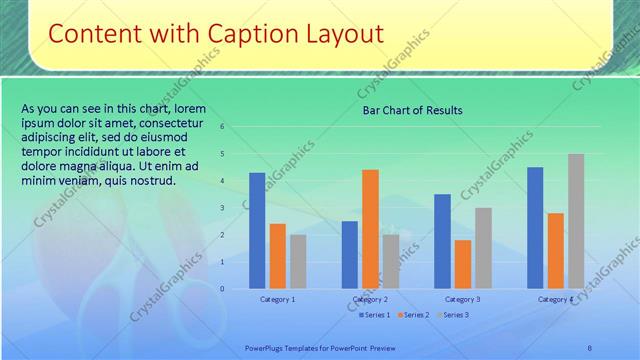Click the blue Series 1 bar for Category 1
click(x=257, y=231)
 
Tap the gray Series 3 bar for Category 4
click(x=576, y=221)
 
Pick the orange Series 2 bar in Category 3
click(x=462, y=264)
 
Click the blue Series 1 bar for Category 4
click(x=535, y=228)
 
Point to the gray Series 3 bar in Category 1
click(x=298, y=261)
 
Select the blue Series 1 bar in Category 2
click(x=349, y=255)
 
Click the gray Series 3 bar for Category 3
click(x=483, y=248)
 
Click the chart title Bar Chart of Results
click(x=412, y=110)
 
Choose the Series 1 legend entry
click(x=374, y=315)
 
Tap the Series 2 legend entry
click(x=413, y=315)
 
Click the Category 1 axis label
click(x=277, y=299)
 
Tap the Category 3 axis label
click(x=462, y=299)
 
